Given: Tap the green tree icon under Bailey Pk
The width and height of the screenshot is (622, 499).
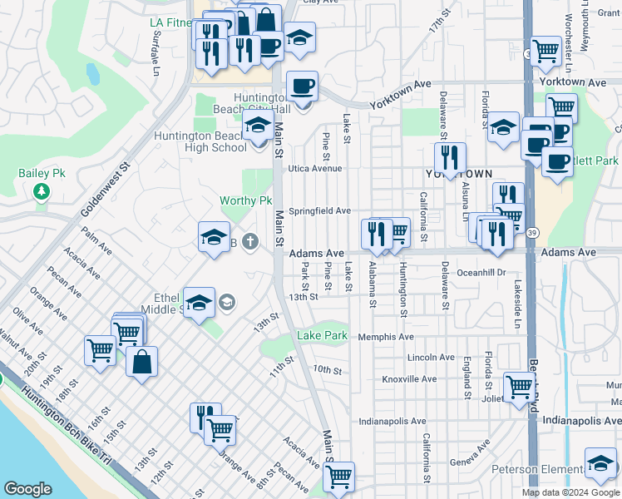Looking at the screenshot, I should click(x=40, y=192).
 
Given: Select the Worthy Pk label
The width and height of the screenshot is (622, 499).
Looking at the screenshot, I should click(x=245, y=201).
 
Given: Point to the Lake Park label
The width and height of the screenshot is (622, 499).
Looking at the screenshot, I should click(x=322, y=336).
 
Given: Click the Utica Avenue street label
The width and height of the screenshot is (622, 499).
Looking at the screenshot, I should click(x=315, y=168).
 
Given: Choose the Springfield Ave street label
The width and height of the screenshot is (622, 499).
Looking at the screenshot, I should click(x=320, y=211).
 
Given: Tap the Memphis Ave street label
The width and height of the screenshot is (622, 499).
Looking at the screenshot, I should click(x=386, y=337).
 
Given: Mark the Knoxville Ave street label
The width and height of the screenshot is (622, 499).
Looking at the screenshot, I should click(x=409, y=379).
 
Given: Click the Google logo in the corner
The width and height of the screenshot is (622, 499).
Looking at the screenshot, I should click(x=27, y=489).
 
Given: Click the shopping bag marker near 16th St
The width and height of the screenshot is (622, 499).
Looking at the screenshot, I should click(x=142, y=362).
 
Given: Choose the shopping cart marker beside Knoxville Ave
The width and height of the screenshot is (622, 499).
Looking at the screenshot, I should click(x=519, y=386).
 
